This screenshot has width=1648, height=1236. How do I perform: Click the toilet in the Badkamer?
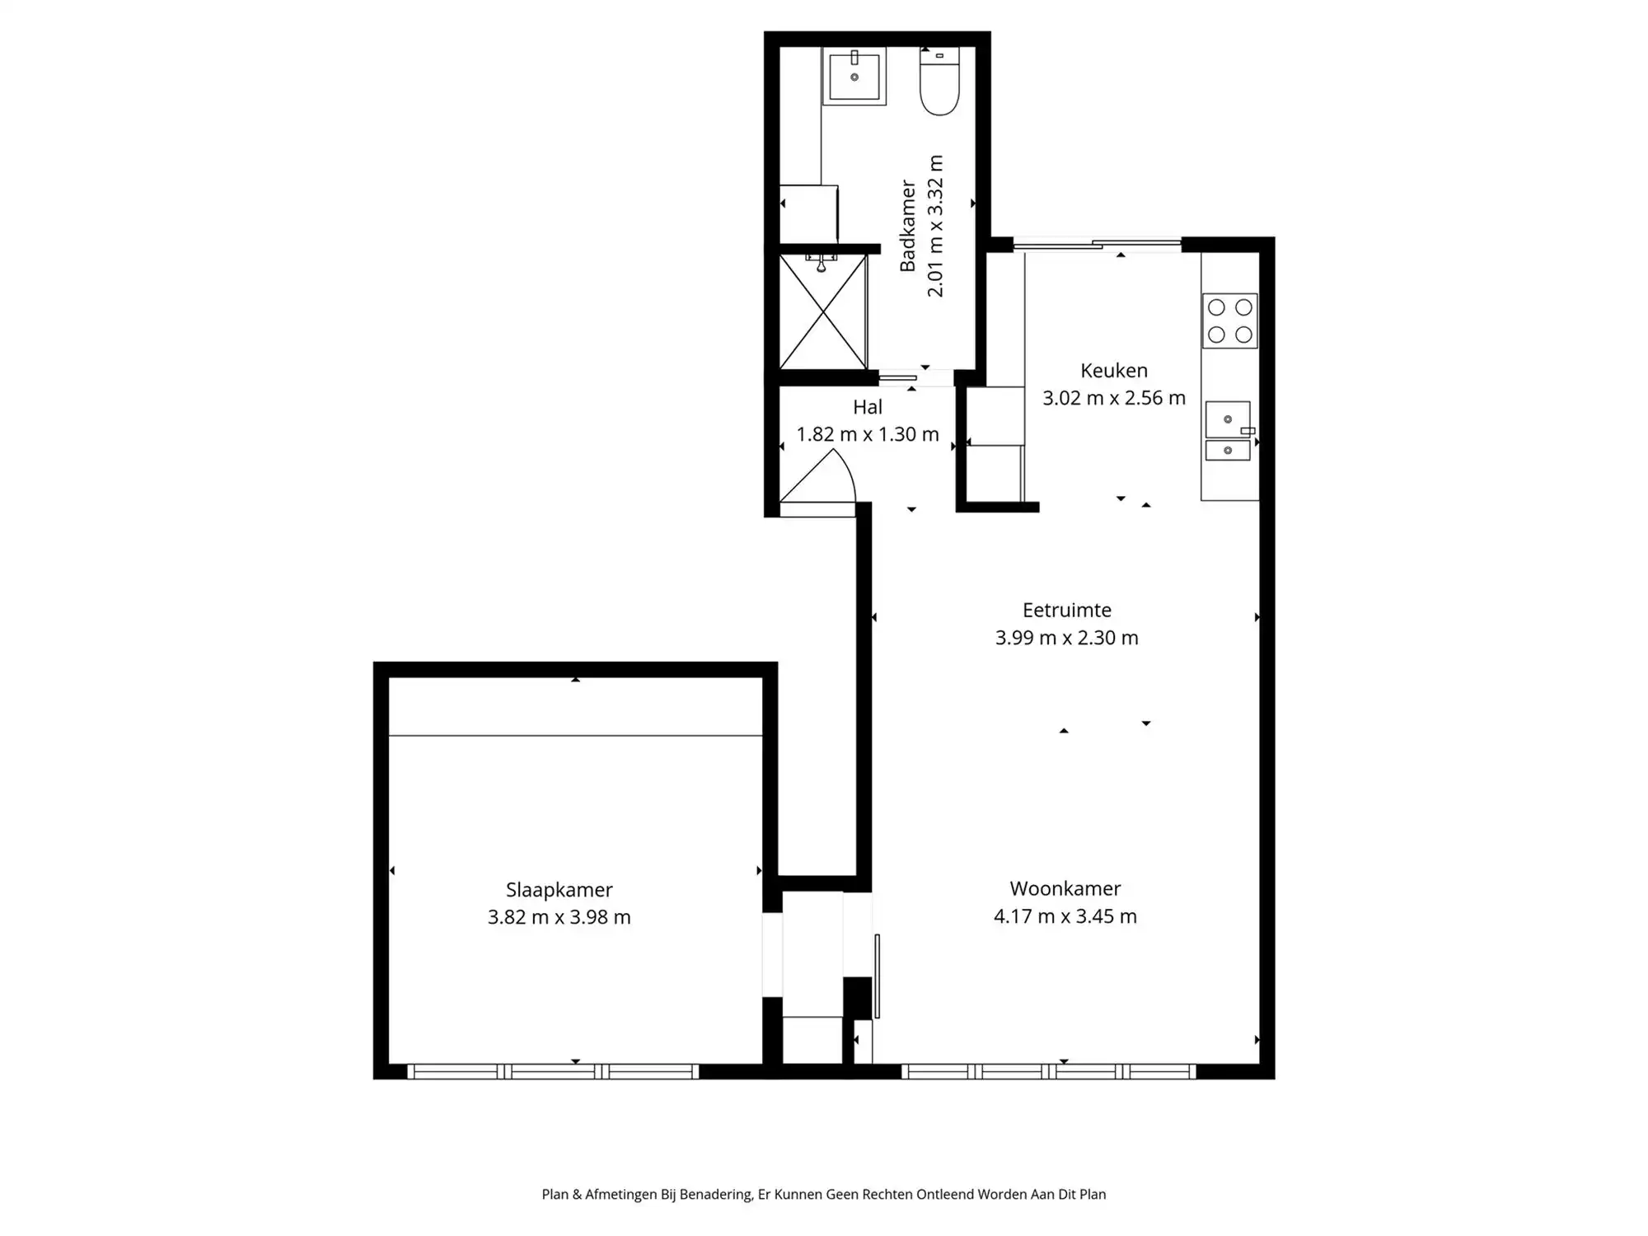[x=939, y=83]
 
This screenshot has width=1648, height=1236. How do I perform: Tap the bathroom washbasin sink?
[x=854, y=76]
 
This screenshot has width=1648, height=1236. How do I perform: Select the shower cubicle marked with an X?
[x=823, y=312]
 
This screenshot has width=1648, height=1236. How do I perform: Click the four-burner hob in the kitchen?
[x=1229, y=321]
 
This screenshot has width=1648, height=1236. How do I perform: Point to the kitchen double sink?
[x=1228, y=431]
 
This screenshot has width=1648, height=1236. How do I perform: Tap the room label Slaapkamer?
[x=559, y=890]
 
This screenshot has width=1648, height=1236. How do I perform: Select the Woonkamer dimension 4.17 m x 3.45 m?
[x=1065, y=916]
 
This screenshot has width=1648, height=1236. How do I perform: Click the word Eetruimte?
[x=1066, y=611]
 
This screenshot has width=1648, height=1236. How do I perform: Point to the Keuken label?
[x=1113, y=371]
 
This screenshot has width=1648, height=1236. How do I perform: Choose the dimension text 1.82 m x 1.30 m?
[x=867, y=434]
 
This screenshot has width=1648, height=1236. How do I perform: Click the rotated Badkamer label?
[x=907, y=226]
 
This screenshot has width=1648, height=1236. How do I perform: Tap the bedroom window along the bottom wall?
[x=553, y=1071]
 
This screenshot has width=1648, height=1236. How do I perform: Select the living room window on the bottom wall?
[x=1048, y=1071]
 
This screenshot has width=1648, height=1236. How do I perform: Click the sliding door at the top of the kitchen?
[x=1096, y=243]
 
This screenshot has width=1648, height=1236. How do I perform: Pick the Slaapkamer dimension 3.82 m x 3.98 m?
[x=559, y=917]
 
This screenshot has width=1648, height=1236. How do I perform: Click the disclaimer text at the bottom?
[x=823, y=1194]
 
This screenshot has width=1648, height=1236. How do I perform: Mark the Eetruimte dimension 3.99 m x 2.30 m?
[x=1066, y=638]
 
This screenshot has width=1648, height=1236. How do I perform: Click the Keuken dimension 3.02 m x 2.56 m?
[x=1113, y=398]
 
